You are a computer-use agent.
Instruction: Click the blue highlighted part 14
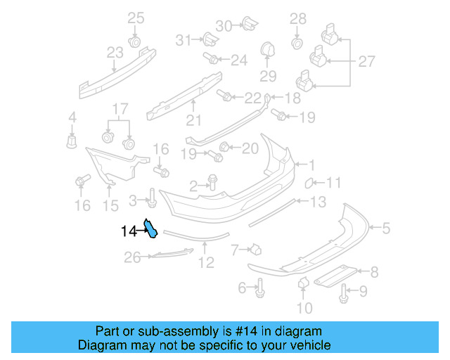point(150,228)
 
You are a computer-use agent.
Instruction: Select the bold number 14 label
point(128,231)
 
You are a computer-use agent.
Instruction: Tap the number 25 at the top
point(135,18)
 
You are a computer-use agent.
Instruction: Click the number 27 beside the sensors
point(367,62)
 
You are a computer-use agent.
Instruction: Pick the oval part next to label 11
point(309,184)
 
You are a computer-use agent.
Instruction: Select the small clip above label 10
point(304,283)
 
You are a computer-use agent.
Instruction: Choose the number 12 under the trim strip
point(205,264)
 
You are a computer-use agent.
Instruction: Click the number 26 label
point(133,258)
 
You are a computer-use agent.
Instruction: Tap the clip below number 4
point(72,141)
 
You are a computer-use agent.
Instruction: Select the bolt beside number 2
point(213,184)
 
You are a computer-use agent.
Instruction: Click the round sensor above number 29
point(267,50)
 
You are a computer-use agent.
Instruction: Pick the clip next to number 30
point(247,25)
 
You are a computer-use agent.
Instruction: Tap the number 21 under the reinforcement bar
point(194,120)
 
